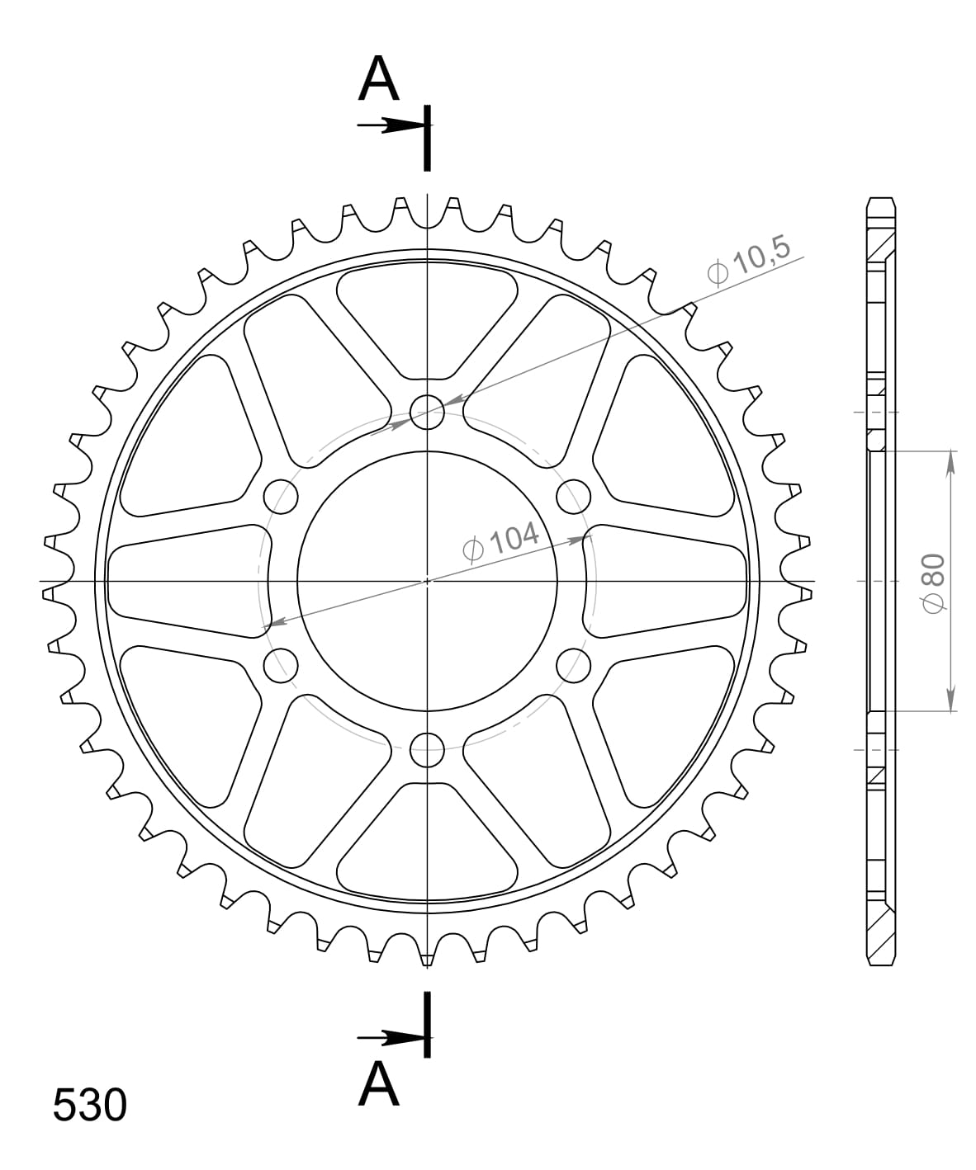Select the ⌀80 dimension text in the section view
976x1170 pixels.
[934, 581]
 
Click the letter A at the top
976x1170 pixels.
[379, 79]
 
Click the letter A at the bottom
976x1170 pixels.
[379, 1083]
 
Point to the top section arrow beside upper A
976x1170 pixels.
[392, 126]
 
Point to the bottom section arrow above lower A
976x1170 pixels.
[392, 1038]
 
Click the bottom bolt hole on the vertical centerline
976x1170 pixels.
[427, 749]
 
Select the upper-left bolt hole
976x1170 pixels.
[281, 496]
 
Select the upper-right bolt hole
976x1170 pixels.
[573, 496]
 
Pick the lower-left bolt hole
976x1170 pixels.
[281, 665]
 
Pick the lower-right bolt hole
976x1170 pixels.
[573, 665]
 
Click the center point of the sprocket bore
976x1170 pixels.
[427, 581]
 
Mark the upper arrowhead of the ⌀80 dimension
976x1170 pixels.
[951, 462]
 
